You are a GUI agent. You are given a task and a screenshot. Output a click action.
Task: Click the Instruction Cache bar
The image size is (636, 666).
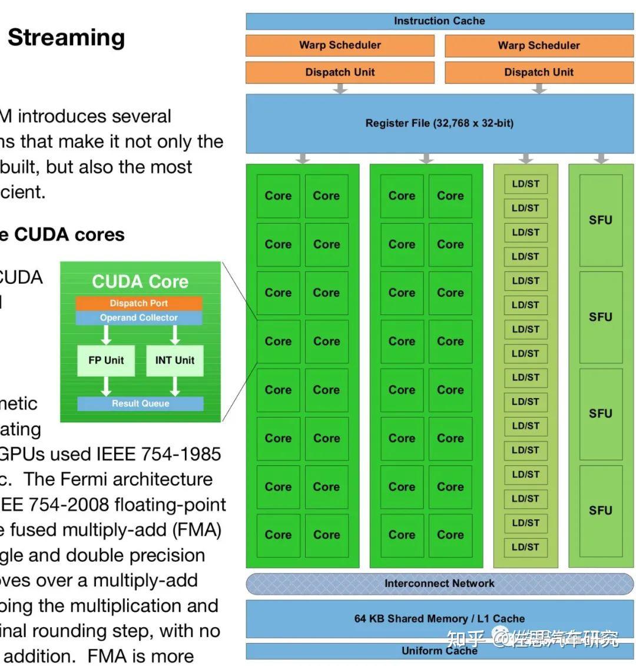click(x=439, y=21)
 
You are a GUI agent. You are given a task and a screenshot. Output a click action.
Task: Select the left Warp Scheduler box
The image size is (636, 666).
click(x=340, y=45)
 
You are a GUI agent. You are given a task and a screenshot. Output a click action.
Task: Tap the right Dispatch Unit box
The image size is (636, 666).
click(x=538, y=72)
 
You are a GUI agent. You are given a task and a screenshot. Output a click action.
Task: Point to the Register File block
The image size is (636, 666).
click(x=439, y=124)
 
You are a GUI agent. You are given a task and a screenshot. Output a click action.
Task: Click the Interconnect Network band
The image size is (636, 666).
click(x=439, y=584)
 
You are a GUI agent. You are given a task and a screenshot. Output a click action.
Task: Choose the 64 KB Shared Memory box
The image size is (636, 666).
click(x=439, y=618)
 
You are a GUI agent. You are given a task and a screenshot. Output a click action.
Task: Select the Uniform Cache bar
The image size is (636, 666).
click(x=439, y=651)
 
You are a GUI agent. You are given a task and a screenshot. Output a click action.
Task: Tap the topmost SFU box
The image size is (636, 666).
click(x=601, y=220)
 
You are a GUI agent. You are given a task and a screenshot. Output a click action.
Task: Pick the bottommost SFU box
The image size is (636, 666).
click(x=601, y=511)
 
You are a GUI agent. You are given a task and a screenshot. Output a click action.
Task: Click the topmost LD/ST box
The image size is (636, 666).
click(x=525, y=184)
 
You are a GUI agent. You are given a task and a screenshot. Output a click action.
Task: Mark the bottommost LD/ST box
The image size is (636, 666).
click(x=525, y=547)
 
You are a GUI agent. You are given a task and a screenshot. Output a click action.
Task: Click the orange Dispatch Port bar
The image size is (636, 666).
click(x=139, y=303)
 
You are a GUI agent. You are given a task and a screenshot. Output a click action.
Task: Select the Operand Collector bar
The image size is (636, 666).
click(x=139, y=318)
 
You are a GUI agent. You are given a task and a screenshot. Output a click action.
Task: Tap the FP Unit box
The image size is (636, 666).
click(x=106, y=360)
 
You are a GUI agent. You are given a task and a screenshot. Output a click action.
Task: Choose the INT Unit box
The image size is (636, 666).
click(x=175, y=360)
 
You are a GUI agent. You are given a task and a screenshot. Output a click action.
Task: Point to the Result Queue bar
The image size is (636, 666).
click(x=140, y=403)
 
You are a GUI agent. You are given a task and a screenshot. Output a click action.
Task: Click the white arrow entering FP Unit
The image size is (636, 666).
click(x=106, y=335)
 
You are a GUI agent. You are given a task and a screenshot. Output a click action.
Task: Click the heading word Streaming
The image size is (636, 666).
click(x=66, y=38)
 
